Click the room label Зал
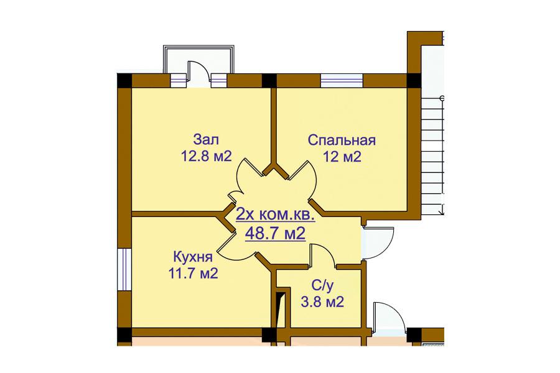(206, 139)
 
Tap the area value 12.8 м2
(207, 156)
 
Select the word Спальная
(342, 140)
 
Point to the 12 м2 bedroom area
(342, 156)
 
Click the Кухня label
(193, 257)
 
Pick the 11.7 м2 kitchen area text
(193, 274)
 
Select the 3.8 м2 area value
(322, 302)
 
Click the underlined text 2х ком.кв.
(275, 216)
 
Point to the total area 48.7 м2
(275, 234)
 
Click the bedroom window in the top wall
(342, 81)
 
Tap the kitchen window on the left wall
(124, 269)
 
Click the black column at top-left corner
(124, 81)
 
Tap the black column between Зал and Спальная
(269, 81)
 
